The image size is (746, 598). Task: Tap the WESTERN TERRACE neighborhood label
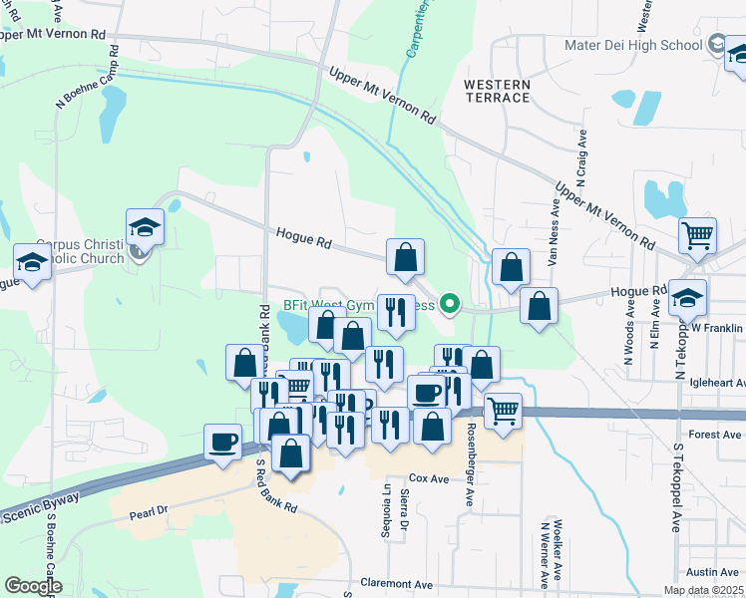pyautogui.click(x=497, y=91)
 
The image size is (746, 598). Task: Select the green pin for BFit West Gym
pyautogui.click(x=450, y=304)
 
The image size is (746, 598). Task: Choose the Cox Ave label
pyautogui.click(x=432, y=478)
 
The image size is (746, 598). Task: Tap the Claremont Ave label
pyautogui.click(x=397, y=584)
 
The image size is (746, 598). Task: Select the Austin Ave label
pyautogui.click(x=712, y=572)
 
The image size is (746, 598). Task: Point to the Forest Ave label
pyautogui.click(x=715, y=435)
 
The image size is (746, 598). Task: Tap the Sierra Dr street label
pyautogui.click(x=405, y=509)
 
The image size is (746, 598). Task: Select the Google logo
pyautogui.click(x=33, y=586)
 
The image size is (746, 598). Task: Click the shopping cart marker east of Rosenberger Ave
pyautogui.click(x=503, y=409)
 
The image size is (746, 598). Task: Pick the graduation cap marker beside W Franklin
pyautogui.click(x=687, y=296)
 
